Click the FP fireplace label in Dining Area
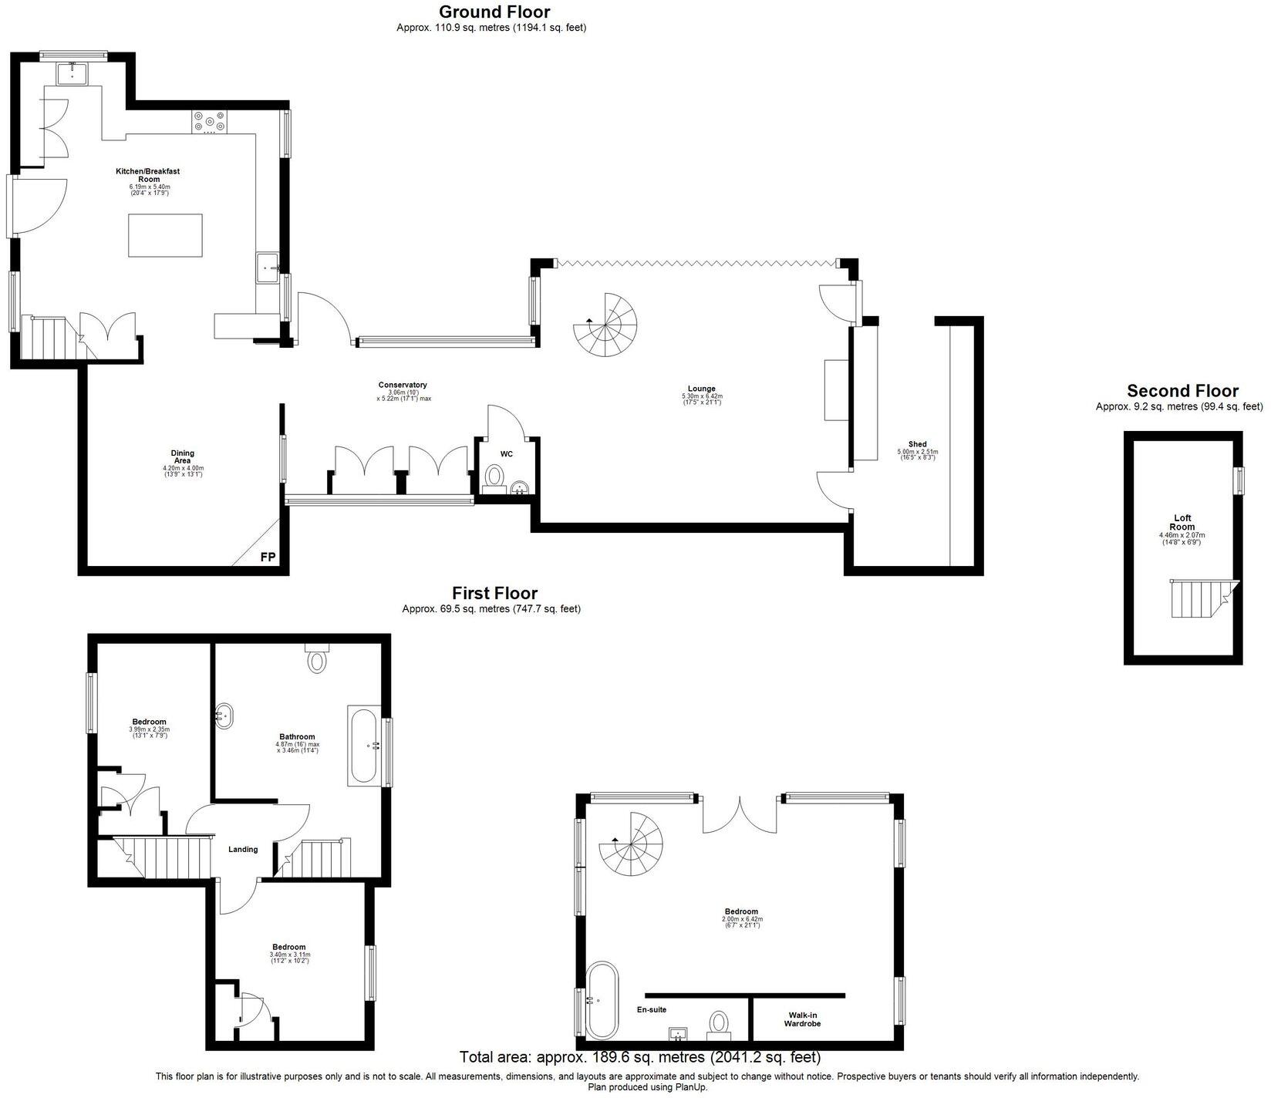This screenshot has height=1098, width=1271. click(268, 557)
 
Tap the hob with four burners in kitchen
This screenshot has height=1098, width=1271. click(210, 121)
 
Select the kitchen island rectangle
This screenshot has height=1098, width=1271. click(165, 236)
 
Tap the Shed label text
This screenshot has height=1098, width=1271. click(917, 444)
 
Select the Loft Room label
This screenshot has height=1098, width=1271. click(1182, 523)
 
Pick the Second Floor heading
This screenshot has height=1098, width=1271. click(1182, 391)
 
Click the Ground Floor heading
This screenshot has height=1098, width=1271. click(494, 12)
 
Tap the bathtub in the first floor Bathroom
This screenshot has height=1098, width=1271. click(364, 745)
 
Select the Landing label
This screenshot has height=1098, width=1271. click(243, 850)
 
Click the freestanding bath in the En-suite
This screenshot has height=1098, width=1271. click(600, 1000)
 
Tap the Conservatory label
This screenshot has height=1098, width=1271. click(402, 385)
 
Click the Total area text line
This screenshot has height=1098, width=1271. click(639, 1056)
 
